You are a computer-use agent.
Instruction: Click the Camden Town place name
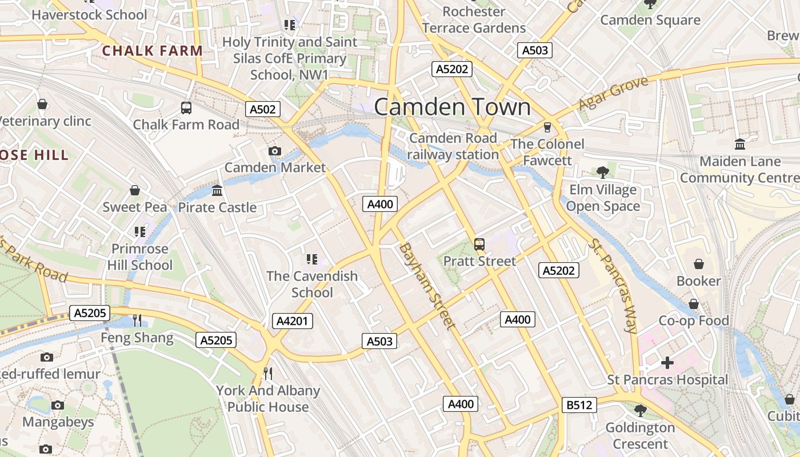(x=452, y=107)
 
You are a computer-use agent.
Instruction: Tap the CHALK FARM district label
(x=153, y=51)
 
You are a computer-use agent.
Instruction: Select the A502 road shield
(x=263, y=109)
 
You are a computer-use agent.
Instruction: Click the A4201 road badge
(x=292, y=321)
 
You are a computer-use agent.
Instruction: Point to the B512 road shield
(x=579, y=405)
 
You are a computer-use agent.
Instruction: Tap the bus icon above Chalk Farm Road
(x=186, y=107)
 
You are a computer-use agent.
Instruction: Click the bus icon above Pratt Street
(x=479, y=244)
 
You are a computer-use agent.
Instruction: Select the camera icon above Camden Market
(x=275, y=151)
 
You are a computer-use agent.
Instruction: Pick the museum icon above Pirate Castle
(x=217, y=190)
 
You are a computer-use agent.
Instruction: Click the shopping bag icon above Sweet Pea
(x=135, y=190)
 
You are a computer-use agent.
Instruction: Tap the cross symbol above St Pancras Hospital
(x=667, y=363)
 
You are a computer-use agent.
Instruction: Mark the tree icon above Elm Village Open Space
(x=602, y=172)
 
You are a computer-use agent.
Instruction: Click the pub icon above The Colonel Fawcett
(x=547, y=127)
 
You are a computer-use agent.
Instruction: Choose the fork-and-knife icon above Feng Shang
(x=137, y=320)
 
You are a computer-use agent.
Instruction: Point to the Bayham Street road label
(x=428, y=286)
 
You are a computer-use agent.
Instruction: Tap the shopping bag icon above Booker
(x=698, y=264)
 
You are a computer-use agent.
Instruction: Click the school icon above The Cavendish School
(x=311, y=259)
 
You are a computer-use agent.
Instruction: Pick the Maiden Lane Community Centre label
(x=739, y=170)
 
